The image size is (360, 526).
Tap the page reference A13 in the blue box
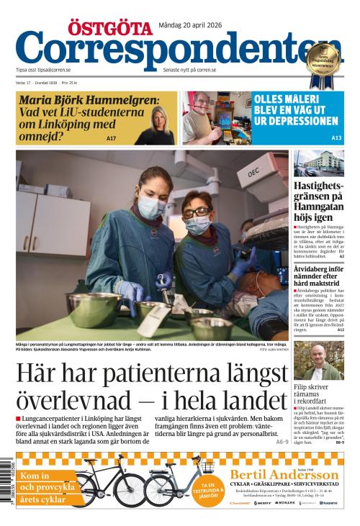pyautogui.click(x=336, y=137)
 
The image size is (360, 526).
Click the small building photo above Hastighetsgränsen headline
pyautogui.click(x=318, y=163)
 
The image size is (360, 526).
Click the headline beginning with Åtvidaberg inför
pyautogui.click(x=318, y=276)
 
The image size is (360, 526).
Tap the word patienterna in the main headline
pyautogui.click(x=178, y=373)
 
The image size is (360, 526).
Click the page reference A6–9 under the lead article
pyautogui.click(x=282, y=441)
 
